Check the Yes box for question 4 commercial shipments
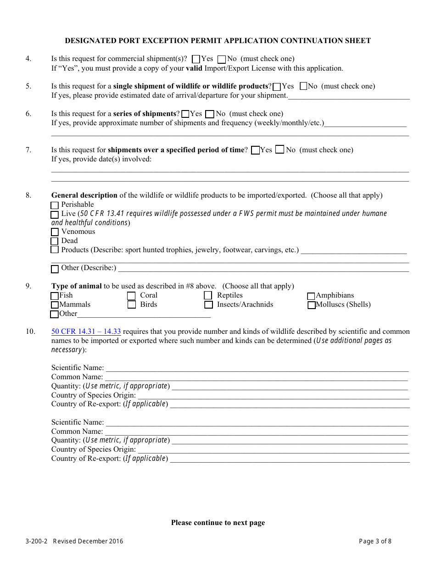pos(196,59)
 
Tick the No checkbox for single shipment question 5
pos(303,86)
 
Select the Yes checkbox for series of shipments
pos(185,114)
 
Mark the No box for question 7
pos(279,150)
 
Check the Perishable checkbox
pos(55,205)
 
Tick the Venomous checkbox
pos(55,232)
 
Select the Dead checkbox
pos(55,241)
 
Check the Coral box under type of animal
pos(131,296)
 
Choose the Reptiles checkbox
pos(208,296)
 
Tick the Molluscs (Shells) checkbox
pos(312,305)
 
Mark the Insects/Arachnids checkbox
pos(208,305)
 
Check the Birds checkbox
pos(131,305)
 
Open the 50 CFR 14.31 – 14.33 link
pos(86,332)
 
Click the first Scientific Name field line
pos(257,368)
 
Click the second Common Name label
pos(77,431)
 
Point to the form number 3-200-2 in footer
pos(37,541)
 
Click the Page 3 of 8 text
pos(375,541)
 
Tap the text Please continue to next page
pos(218,523)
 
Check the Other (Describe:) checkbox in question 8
pos(55,269)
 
